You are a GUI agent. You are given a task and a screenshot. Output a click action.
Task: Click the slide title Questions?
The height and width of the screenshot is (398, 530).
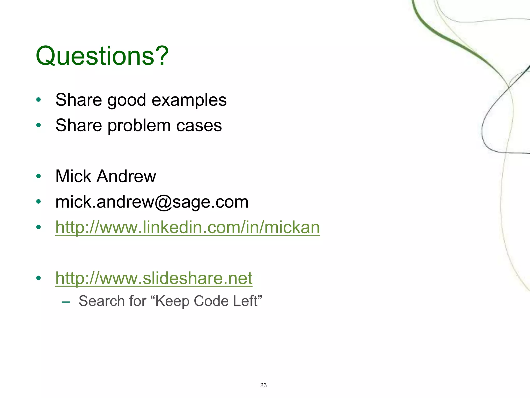[102, 56]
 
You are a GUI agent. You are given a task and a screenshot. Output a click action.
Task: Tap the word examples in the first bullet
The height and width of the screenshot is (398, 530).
[189, 100]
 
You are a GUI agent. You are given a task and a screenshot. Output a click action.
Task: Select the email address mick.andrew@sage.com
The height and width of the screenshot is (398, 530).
[152, 202]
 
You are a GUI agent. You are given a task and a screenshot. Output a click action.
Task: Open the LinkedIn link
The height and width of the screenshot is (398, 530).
[188, 227]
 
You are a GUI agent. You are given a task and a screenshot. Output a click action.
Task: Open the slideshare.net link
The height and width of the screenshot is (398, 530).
[154, 278]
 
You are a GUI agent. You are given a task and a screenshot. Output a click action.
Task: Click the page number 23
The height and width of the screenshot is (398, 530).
[263, 385]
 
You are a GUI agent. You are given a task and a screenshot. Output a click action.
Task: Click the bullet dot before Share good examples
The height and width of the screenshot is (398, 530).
[39, 100]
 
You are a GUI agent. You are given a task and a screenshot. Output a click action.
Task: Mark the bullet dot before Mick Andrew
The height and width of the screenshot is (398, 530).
[39, 176]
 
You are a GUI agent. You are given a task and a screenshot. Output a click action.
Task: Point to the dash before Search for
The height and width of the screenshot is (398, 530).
[66, 302]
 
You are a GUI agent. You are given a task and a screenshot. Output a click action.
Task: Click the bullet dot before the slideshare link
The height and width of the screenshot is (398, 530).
[39, 278]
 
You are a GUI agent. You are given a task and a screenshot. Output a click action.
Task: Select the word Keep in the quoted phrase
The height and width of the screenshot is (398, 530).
[173, 301]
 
